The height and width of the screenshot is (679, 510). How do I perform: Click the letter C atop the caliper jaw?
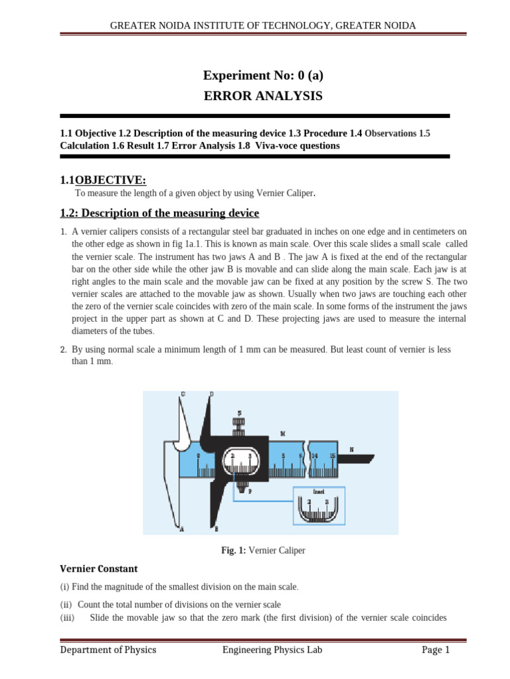coord(183,395)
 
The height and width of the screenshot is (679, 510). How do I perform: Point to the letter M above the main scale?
coord(283,434)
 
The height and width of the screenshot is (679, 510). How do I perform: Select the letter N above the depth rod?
coord(351,450)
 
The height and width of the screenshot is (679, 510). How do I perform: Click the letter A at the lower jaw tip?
coord(181,528)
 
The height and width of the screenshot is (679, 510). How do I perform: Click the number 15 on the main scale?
coord(332,456)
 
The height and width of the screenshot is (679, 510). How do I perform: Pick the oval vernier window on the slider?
coord(241,462)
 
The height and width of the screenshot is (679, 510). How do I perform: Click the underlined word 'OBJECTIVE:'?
coord(111,180)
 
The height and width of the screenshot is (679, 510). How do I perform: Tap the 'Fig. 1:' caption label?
coord(234,550)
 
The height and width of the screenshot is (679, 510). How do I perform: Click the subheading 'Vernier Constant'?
coord(99,568)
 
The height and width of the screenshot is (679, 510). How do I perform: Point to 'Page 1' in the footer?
coord(436,650)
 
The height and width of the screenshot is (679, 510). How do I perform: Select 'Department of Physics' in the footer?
coord(108,650)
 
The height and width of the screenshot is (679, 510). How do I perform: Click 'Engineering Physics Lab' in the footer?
coord(272,650)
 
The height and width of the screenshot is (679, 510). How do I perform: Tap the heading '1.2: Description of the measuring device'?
coord(159,213)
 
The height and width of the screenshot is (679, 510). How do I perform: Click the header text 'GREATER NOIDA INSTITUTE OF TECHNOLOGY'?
coord(215,25)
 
